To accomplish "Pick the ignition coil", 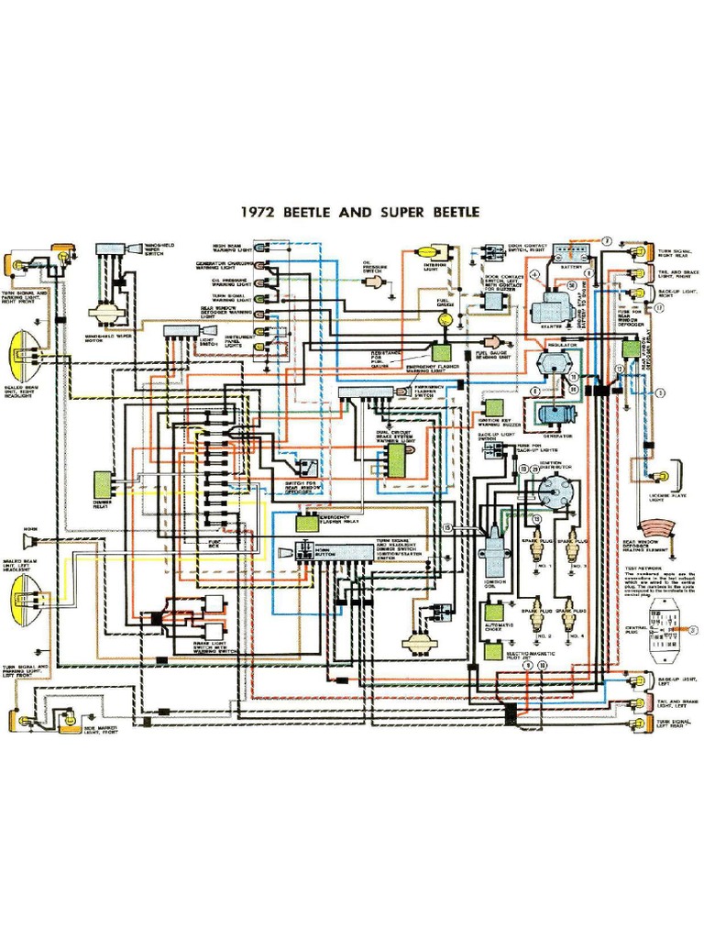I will (x=492, y=550).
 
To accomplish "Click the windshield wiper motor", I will (x=99, y=312).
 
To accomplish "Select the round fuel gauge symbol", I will (x=445, y=319).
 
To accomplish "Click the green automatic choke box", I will (x=494, y=612).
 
